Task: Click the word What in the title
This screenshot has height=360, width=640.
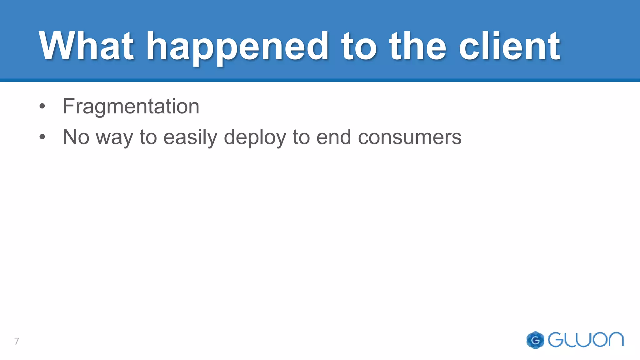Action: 86,46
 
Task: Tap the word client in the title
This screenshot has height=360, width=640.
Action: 509,46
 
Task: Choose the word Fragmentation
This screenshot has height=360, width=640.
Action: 131,107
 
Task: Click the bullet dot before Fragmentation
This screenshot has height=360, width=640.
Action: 42,106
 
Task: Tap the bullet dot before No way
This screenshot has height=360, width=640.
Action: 42,137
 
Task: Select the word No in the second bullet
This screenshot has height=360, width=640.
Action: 76,137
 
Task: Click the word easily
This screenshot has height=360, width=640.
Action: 190,137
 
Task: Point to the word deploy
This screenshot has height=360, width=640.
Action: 255,137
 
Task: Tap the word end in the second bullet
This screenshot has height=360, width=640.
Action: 333,137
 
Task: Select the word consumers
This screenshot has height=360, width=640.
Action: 409,137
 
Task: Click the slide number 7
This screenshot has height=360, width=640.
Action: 17,341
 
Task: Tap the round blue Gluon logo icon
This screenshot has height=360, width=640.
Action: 535,340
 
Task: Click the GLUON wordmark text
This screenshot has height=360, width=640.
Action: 586,340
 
